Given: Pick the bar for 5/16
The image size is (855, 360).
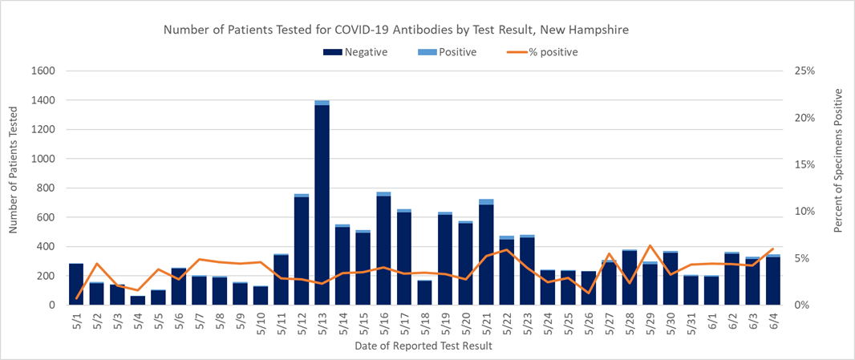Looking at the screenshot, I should pos(383,249).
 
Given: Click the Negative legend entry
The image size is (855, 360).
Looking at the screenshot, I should pos(355,53).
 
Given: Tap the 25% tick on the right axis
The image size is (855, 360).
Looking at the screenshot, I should pos(804,71).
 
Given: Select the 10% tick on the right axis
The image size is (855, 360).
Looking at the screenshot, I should pos(804,212).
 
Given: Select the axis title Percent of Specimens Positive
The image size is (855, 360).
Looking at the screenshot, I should pos(839,161).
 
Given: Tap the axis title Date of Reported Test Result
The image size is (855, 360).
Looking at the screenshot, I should pos(423,346).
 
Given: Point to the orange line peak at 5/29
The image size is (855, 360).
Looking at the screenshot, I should pos(650,246).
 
